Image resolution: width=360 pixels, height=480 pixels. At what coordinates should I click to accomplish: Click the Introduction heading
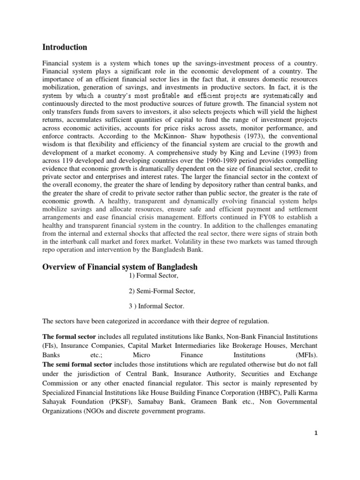pos(65,47)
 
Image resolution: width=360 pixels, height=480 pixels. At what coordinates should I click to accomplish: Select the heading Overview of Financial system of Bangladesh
pos(120,267)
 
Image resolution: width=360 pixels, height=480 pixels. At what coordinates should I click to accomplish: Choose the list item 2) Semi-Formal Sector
pos(162,291)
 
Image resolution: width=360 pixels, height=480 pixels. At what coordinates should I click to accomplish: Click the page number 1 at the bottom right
pos(316,433)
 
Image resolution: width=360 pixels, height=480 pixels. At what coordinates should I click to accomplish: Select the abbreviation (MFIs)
pos(307,355)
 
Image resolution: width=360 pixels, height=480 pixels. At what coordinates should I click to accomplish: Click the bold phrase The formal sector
pos(69,337)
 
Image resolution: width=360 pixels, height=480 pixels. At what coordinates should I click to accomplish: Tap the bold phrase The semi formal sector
pos(77,364)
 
